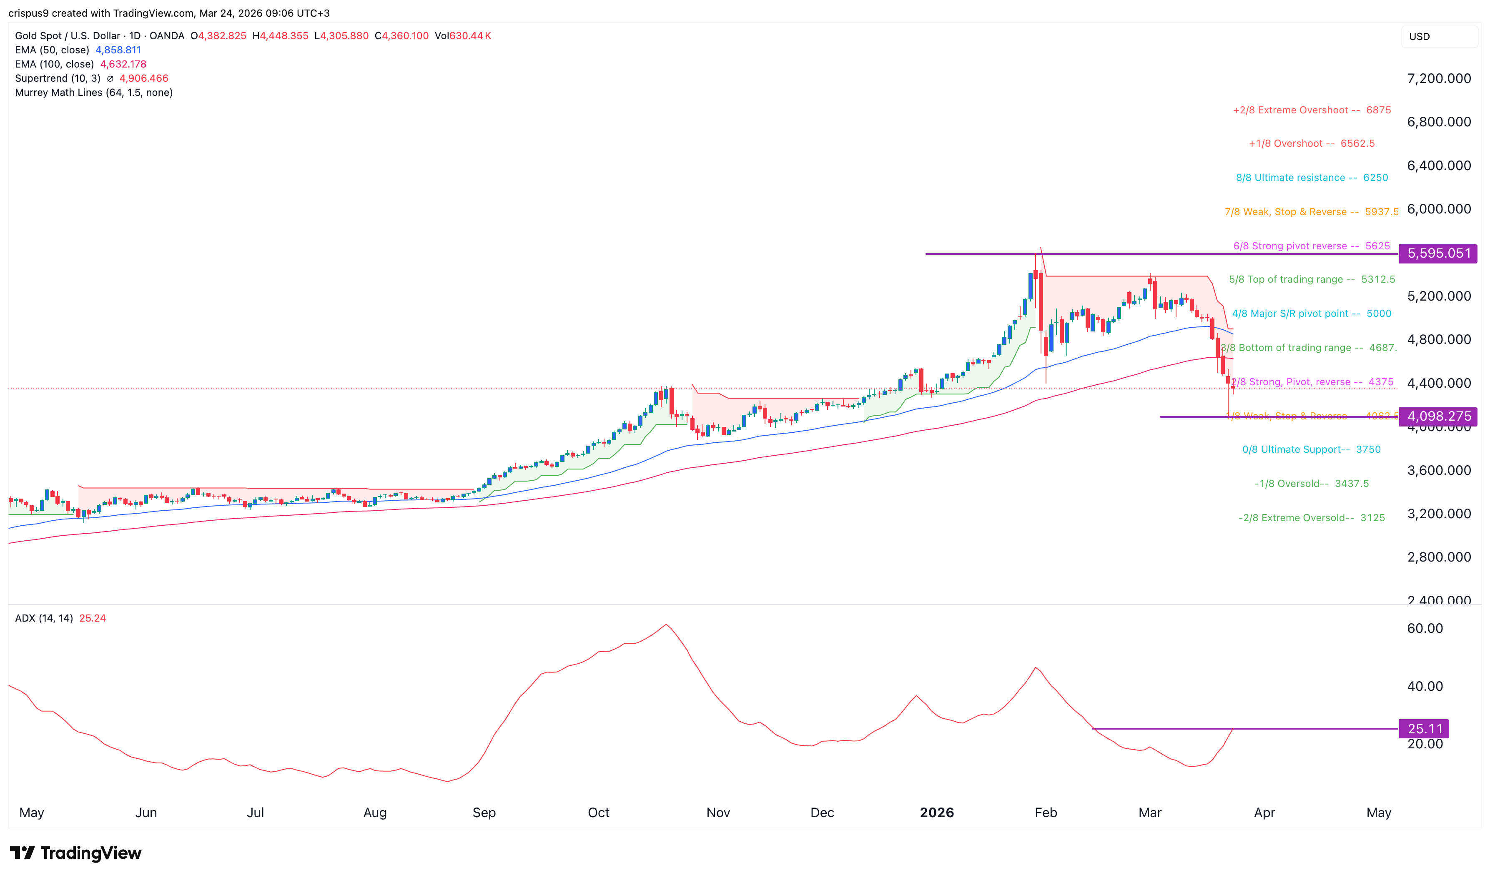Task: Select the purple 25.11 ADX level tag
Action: tap(1425, 729)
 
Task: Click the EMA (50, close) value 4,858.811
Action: tap(118, 50)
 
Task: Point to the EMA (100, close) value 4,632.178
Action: tap(123, 64)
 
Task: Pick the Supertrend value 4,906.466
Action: tap(144, 78)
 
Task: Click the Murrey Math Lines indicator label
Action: tap(93, 92)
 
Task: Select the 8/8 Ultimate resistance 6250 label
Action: tap(1312, 178)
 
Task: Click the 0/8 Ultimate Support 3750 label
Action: tap(1312, 450)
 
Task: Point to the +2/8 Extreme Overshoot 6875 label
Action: tap(1312, 110)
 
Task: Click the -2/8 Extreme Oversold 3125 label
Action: tap(1312, 518)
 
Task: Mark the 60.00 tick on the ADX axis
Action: tap(1425, 628)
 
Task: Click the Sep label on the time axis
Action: tap(484, 813)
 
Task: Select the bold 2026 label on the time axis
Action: tap(937, 813)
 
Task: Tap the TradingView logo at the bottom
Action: tap(76, 853)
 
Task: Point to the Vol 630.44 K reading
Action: tap(463, 35)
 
